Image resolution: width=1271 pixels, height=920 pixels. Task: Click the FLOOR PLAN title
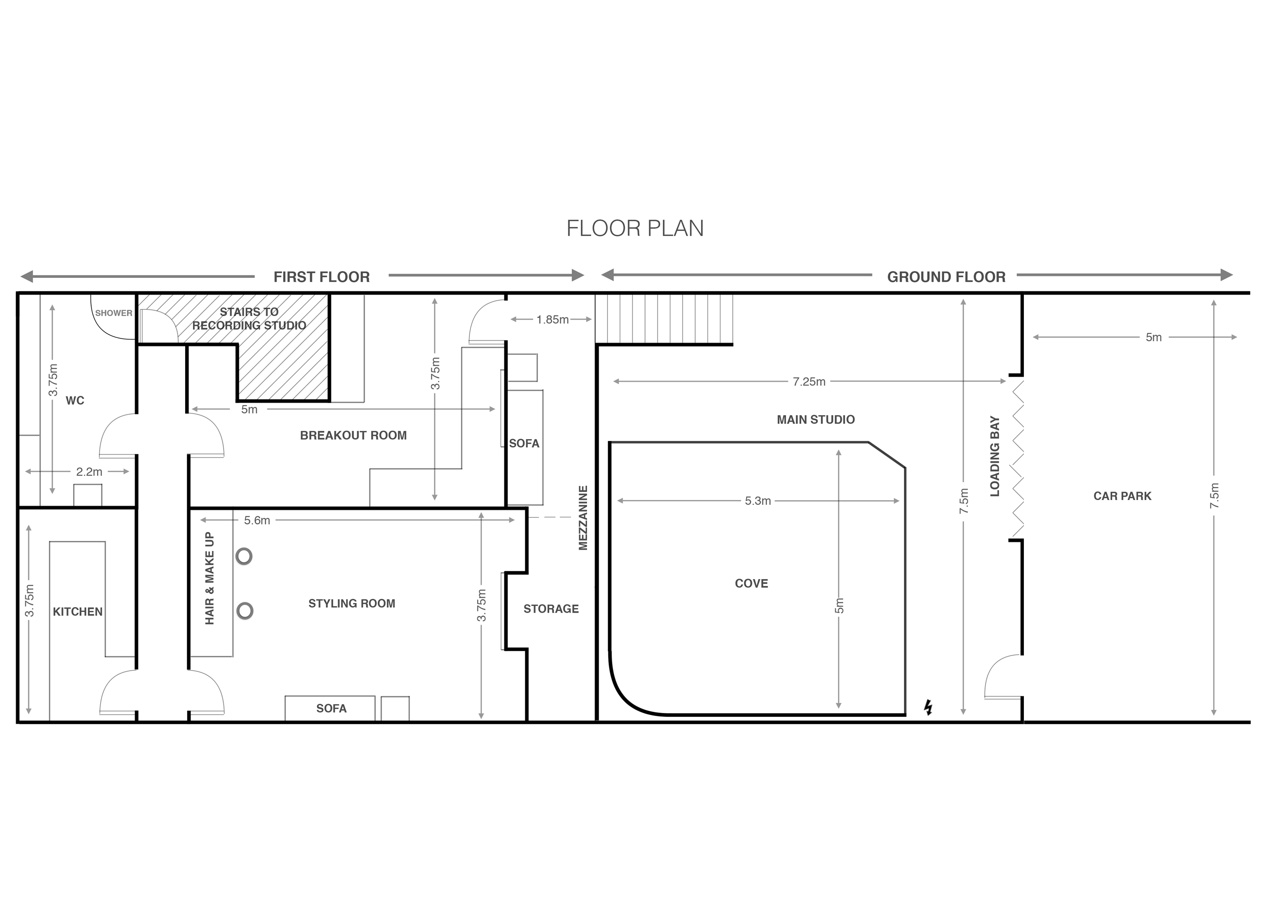click(635, 229)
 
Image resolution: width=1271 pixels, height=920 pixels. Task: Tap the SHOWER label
click(114, 313)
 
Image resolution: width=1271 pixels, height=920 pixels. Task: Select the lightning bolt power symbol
click(928, 708)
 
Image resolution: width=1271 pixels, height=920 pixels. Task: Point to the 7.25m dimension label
click(809, 382)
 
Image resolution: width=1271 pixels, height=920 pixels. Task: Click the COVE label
click(751, 583)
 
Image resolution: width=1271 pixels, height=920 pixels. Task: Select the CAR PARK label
click(1122, 496)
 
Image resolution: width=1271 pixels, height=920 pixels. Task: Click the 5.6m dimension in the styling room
click(257, 520)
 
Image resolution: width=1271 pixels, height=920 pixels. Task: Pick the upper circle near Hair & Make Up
click(244, 556)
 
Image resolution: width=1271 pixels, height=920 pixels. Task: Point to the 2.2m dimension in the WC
click(89, 472)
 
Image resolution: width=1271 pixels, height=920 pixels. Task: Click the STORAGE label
click(551, 608)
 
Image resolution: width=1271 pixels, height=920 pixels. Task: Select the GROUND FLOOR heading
click(946, 277)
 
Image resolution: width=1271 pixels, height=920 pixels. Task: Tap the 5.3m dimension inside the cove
click(758, 501)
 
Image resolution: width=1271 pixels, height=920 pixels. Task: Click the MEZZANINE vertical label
click(583, 518)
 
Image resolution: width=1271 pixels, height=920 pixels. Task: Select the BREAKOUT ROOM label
click(353, 436)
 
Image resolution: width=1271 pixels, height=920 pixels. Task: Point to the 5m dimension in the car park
click(1153, 337)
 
